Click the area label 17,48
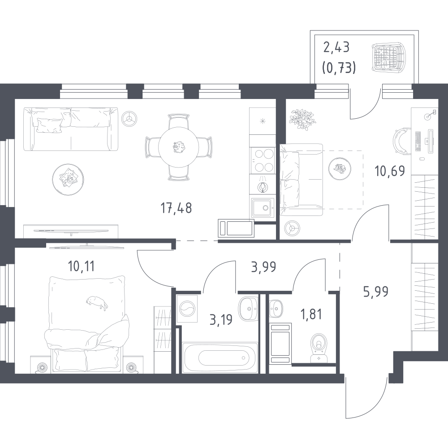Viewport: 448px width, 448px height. pos(176,208)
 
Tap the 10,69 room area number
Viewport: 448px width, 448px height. pos(390,171)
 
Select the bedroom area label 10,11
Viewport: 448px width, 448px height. pos(81,267)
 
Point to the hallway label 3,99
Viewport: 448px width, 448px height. pos(263,267)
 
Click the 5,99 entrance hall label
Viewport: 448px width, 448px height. pos(376,292)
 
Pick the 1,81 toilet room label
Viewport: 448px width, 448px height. pos(311,314)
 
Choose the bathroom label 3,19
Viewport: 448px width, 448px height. pos(221,320)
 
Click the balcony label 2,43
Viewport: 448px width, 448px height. pos(336,47)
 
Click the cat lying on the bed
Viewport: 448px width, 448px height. pos(97,302)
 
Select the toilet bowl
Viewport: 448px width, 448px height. pos(319,347)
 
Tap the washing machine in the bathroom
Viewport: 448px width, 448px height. pos(188,309)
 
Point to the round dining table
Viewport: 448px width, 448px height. pos(179,147)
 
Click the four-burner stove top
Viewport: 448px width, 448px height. pos(262,160)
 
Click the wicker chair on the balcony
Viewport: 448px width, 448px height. pos(389,57)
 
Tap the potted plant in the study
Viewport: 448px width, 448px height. pos(303,120)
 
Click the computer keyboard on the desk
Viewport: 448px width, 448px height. pos(418,142)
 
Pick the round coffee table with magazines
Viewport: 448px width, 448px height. pos(68,180)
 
